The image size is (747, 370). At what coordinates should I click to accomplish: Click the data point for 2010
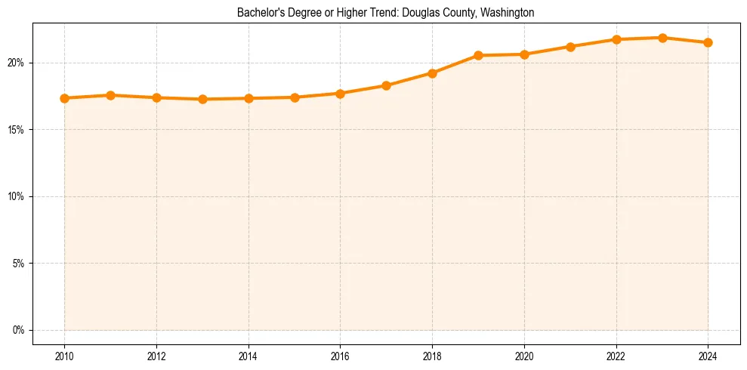[x=64, y=98]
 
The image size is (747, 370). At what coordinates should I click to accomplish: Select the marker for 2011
[x=110, y=95]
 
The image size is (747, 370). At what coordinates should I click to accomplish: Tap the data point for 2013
[x=202, y=99]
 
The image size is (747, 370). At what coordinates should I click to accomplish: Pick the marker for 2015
[x=295, y=97]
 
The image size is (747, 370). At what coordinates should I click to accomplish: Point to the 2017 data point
[x=386, y=85]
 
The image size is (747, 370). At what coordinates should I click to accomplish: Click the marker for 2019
[x=478, y=55]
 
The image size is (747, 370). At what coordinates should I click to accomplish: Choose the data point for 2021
[x=570, y=47]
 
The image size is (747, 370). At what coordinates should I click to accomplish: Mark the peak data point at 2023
[x=662, y=38]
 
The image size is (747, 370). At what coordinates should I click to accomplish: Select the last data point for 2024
[x=708, y=42]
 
